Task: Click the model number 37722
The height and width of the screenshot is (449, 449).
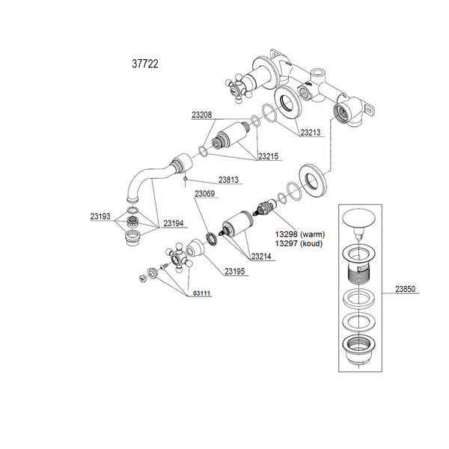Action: (x=145, y=64)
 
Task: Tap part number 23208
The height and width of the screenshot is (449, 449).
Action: (x=202, y=114)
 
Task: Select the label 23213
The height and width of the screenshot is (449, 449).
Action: (x=311, y=132)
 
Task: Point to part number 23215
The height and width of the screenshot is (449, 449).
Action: (x=269, y=156)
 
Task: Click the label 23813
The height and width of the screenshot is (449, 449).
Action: (x=228, y=180)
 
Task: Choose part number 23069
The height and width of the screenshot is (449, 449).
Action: (x=205, y=194)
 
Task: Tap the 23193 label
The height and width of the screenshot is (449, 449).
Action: (x=100, y=216)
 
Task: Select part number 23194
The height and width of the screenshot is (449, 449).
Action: (x=174, y=223)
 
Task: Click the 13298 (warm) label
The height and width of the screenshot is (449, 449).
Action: (x=300, y=234)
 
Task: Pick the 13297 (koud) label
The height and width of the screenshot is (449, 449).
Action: (x=299, y=244)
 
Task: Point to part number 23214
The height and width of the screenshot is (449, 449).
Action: (x=261, y=256)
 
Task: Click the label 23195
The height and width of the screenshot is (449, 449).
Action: (x=235, y=271)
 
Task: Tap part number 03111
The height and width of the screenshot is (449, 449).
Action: (x=202, y=293)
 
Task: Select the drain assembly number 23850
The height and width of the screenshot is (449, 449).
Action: (x=405, y=289)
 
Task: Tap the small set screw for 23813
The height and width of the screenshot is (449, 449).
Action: (x=186, y=179)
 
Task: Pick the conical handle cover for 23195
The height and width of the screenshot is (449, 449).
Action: (x=195, y=248)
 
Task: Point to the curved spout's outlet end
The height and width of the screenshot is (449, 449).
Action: (x=132, y=199)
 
